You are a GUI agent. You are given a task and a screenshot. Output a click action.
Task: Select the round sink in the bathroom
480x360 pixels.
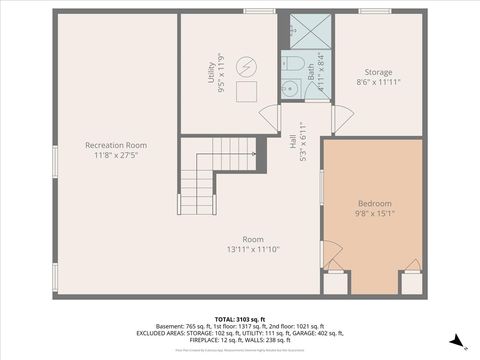tap(291, 89)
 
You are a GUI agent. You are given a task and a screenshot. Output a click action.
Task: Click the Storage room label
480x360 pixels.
tap(378, 71)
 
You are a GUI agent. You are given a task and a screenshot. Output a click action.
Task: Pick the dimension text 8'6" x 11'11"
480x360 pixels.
tap(378, 82)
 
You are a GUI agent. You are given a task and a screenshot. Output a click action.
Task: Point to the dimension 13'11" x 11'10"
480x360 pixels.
tap(252, 249)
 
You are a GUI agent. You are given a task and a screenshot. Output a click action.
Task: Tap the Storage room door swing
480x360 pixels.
tap(341, 120)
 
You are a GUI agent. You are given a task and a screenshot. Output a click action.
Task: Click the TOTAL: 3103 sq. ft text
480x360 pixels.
tap(241, 317)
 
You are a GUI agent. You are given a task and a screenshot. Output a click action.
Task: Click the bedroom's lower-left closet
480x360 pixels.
tap(336, 282)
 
